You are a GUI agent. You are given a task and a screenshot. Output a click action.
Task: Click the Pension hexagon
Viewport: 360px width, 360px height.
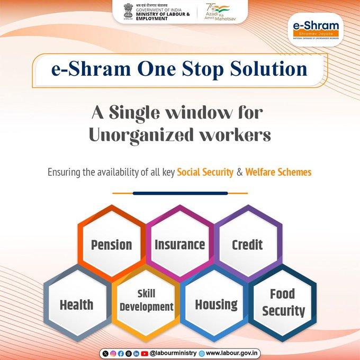(x=112, y=244)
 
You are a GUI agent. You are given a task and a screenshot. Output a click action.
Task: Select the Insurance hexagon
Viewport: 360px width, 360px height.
(x=179, y=244)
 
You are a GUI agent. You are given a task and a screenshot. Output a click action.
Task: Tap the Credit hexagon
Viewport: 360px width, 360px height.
(x=247, y=244)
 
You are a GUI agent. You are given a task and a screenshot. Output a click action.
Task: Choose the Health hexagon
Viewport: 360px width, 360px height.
(x=77, y=304)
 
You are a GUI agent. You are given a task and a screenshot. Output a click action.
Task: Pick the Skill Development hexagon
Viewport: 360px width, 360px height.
(x=146, y=300)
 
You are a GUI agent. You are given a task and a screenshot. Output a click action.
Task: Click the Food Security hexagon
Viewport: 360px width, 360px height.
(x=283, y=302)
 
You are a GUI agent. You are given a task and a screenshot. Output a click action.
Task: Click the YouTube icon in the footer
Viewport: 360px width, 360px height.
(x=145, y=353)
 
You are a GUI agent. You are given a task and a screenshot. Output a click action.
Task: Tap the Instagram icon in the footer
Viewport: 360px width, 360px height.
(x=113, y=353)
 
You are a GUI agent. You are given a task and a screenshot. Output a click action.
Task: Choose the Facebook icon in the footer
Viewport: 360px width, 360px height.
(x=121, y=353)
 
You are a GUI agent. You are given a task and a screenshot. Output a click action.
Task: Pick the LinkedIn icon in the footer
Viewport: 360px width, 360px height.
(x=137, y=353)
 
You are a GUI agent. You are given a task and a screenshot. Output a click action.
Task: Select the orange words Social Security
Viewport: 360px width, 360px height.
(x=205, y=172)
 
